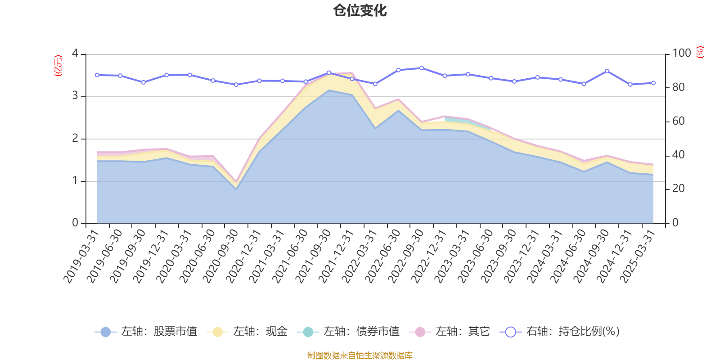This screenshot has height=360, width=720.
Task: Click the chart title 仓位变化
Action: [360, 10]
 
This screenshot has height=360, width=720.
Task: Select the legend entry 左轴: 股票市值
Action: [146, 332]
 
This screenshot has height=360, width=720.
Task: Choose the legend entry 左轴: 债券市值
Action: [348, 332]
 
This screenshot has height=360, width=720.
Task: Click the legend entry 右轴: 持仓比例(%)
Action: [560, 332]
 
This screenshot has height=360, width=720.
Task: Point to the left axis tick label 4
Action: [75, 54]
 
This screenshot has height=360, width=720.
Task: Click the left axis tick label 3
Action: [75, 96]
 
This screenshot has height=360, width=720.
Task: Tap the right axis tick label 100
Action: [681, 53]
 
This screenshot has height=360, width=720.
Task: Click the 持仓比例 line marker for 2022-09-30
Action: [422, 68]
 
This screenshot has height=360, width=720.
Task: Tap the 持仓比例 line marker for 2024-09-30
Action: [607, 71]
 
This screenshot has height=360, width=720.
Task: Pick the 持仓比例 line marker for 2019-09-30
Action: [144, 82]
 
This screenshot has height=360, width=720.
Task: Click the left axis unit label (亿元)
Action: [58, 66]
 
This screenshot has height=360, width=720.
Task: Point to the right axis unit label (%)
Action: [700, 52]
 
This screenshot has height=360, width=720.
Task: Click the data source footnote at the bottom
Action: [360, 355]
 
